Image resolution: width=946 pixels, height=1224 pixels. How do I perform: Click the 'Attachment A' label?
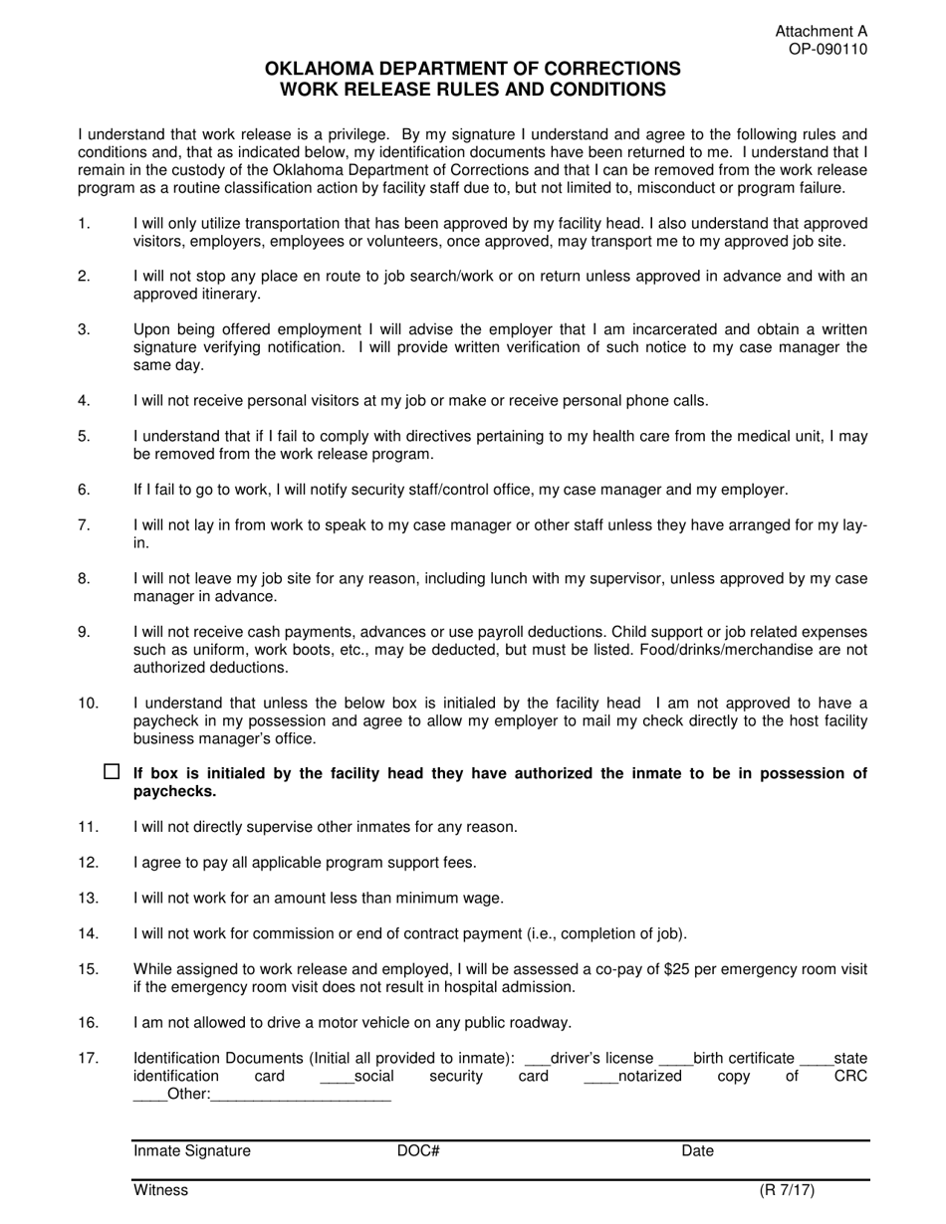822,32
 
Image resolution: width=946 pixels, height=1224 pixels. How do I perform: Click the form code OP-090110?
822,49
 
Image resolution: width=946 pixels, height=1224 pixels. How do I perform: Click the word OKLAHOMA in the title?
321,69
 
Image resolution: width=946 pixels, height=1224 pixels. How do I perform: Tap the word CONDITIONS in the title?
598,89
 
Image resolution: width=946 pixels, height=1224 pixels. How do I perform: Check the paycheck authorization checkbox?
112,771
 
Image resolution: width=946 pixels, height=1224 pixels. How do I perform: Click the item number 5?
84,436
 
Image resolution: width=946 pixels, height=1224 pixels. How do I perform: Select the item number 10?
88,704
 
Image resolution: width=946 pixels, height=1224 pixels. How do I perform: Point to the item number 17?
88,1059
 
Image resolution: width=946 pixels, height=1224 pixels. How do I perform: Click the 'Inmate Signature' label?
192,1151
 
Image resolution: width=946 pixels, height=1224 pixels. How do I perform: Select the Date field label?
697,1151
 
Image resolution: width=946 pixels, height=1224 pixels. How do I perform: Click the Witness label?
160,1190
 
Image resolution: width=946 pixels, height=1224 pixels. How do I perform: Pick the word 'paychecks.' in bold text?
175,792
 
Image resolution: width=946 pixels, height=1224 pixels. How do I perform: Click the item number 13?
88,899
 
